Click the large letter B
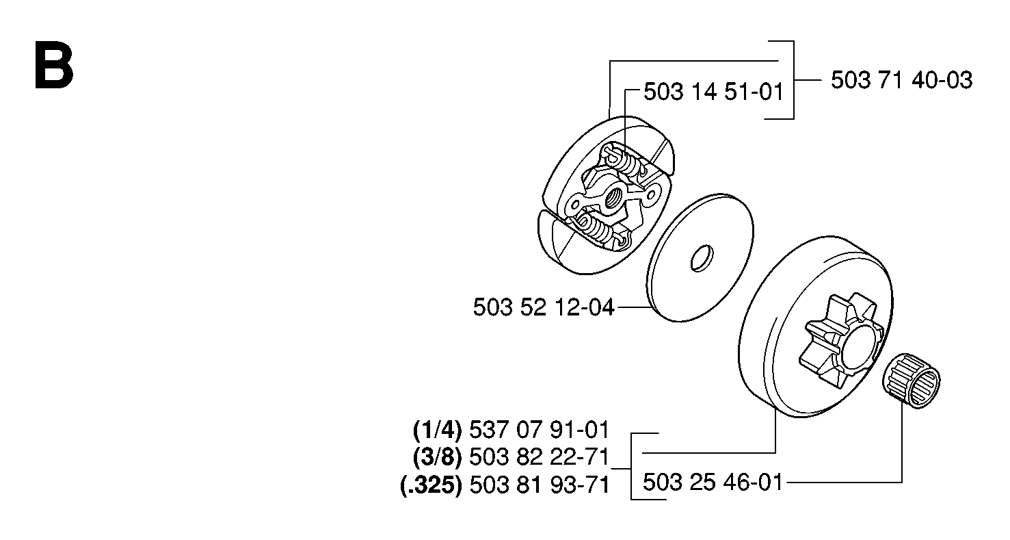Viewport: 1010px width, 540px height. pyautogui.click(x=53, y=66)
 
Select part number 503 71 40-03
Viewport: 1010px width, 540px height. pyautogui.click(x=902, y=81)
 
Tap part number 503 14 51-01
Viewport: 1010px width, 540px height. pyautogui.click(x=714, y=92)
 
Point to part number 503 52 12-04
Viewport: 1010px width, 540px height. pyautogui.click(x=544, y=308)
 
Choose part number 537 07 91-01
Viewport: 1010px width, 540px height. pyautogui.click(x=540, y=430)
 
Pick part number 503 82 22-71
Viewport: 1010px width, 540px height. pyautogui.click(x=540, y=457)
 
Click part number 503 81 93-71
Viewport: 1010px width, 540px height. pyautogui.click(x=540, y=486)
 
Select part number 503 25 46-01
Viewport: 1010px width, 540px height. pyautogui.click(x=713, y=483)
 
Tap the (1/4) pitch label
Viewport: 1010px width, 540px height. pyautogui.click(x=438, y=430)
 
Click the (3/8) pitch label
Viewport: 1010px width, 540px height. pyautogui.click(x=438, y=457)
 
